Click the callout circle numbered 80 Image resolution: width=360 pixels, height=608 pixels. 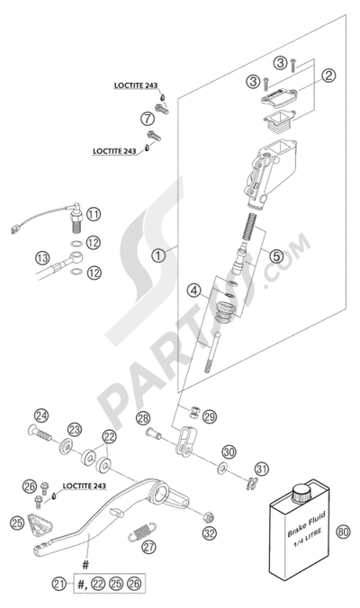[x=343, y=531]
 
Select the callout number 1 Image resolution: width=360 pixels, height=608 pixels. [x=158, y=255]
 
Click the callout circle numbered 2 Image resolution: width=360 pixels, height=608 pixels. [x=328, y=76]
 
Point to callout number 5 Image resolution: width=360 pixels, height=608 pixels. [x=276, y=256]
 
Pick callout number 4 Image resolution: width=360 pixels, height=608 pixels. [x=194, y=290]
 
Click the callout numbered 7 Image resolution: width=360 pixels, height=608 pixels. [x=148, y=118]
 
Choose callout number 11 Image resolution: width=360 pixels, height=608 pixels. [x=93, y=214]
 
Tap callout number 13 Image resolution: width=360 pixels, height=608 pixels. [x=42, y=258]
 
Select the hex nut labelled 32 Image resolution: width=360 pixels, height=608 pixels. [x=209, y=517]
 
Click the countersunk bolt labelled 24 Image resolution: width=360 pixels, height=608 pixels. [x=40, y=432]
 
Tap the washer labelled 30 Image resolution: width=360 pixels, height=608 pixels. [x=222, y=469]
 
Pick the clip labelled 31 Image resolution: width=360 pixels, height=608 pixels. [x=253, y=483]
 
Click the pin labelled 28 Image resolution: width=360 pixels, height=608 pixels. [x=154, y=433]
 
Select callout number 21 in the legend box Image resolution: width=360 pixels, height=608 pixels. [x=59, y=584]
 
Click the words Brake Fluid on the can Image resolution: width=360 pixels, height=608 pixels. [x=307, y=524]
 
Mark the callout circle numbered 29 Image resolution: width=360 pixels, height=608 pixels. [x=210, y=416]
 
